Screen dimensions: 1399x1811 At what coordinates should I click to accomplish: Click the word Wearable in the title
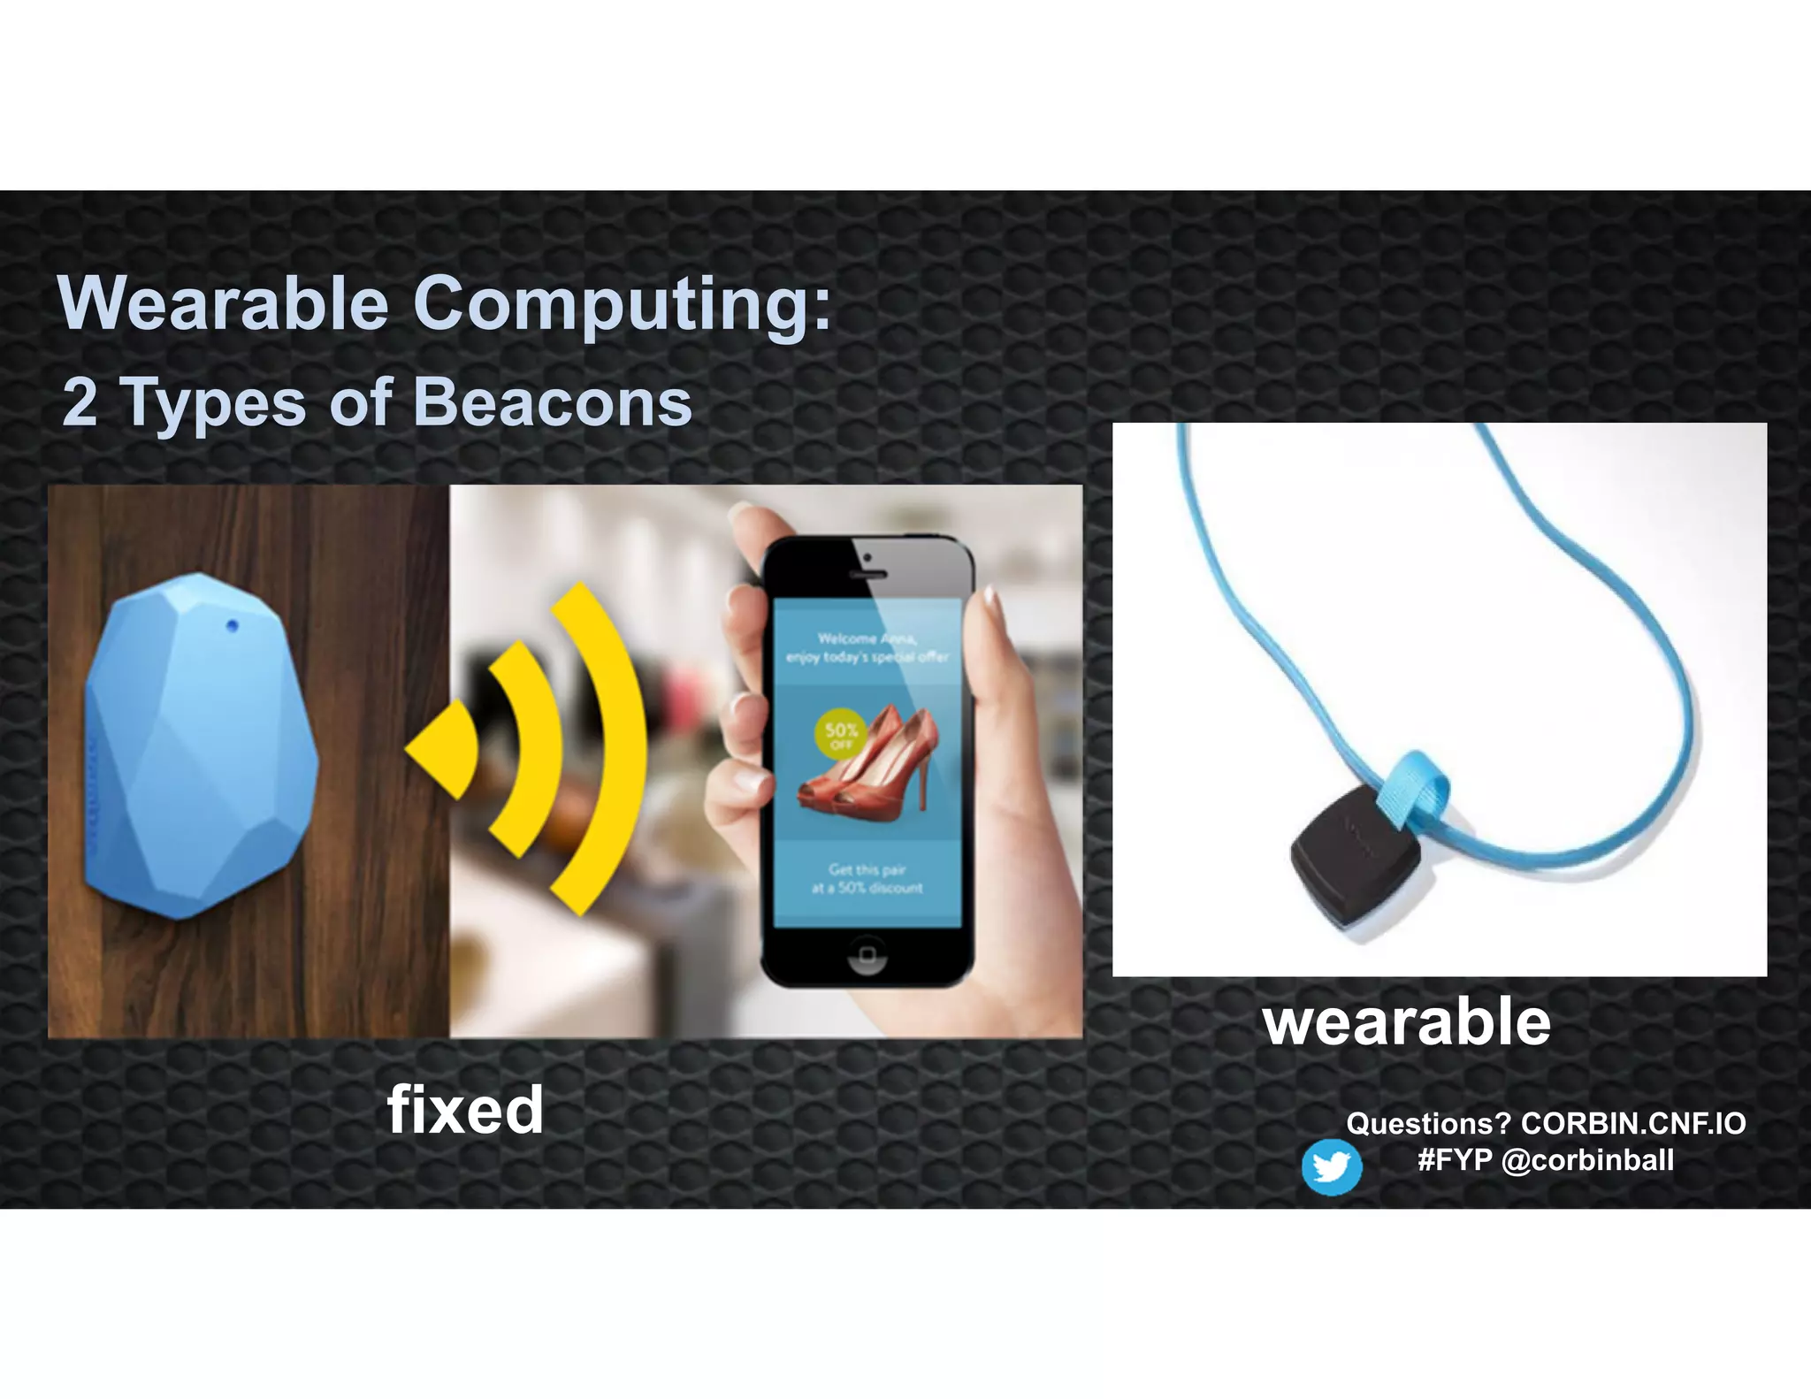(223, 303)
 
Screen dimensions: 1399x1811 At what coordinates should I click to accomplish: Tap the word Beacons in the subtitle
(552, 402)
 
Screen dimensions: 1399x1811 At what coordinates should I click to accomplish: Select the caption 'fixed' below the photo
(465, 1110)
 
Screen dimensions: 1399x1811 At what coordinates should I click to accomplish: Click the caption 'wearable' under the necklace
(1406, 1022)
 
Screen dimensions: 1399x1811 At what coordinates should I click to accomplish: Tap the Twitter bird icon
(1331, 1167)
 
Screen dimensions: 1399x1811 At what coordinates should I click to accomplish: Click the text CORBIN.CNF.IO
(1632, 1123)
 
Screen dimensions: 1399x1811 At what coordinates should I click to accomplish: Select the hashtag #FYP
(1455, 1159)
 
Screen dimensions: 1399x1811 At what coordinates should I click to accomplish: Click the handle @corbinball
(1588, 1159)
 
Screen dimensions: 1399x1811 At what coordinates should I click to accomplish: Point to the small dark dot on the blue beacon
(233, 626)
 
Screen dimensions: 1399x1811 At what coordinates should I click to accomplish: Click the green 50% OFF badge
(840, 734)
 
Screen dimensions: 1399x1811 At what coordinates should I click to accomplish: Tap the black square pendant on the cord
(1353, 853)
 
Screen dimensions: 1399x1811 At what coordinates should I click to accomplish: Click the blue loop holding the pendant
(1415, 787)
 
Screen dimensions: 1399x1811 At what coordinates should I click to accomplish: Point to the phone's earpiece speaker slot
(867, 575)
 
